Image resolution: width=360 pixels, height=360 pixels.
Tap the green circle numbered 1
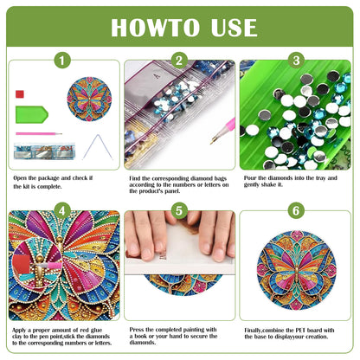click(x=61, y=61)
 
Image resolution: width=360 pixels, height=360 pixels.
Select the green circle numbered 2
click(x=179, y=61)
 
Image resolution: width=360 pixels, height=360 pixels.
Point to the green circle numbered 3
click(x=296, y=61)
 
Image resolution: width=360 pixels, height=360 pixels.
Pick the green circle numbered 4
click(x=61, y=210)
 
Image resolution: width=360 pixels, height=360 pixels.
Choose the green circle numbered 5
click(x=179, y=210)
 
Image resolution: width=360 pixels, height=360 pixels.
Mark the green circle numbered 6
click(x=296, y=210)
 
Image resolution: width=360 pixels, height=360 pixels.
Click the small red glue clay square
click(x=19, y=92)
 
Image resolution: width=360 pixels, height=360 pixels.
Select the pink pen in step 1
click(x=40, y=133)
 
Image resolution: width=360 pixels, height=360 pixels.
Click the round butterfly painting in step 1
click(x=89, y=99)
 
